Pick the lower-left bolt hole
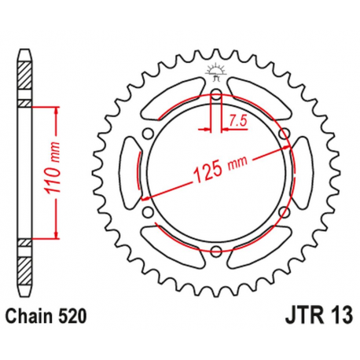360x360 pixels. [x=148, y=212]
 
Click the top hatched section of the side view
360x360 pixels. [x=26, y=79]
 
